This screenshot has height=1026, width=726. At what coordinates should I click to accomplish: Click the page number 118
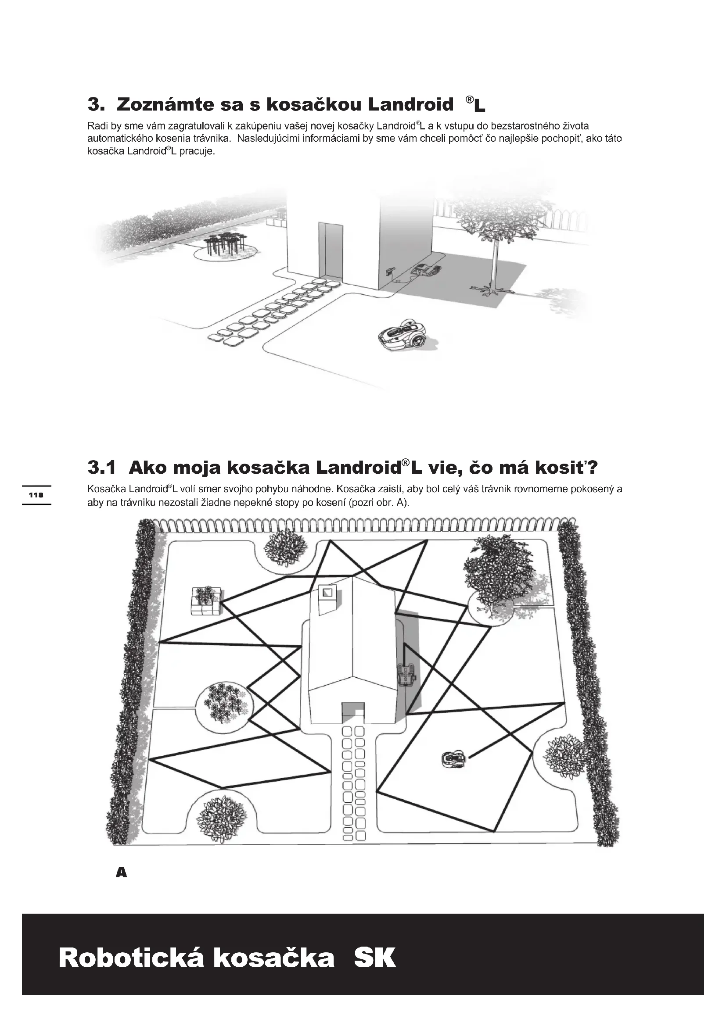(36, 495)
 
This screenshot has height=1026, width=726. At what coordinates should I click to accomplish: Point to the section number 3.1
(101, 468)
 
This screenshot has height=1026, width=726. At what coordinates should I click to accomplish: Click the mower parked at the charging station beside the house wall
(426, 269)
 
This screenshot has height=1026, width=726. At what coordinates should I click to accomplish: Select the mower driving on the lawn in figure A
(453, 758)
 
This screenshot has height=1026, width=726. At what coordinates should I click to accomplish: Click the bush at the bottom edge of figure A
(222, 819)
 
